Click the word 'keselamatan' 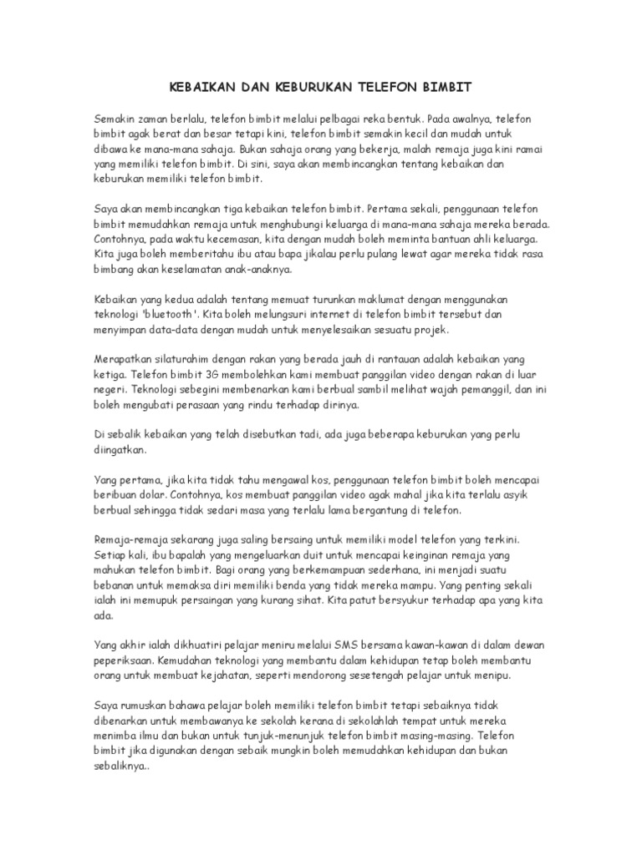189,271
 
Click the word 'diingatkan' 120,449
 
